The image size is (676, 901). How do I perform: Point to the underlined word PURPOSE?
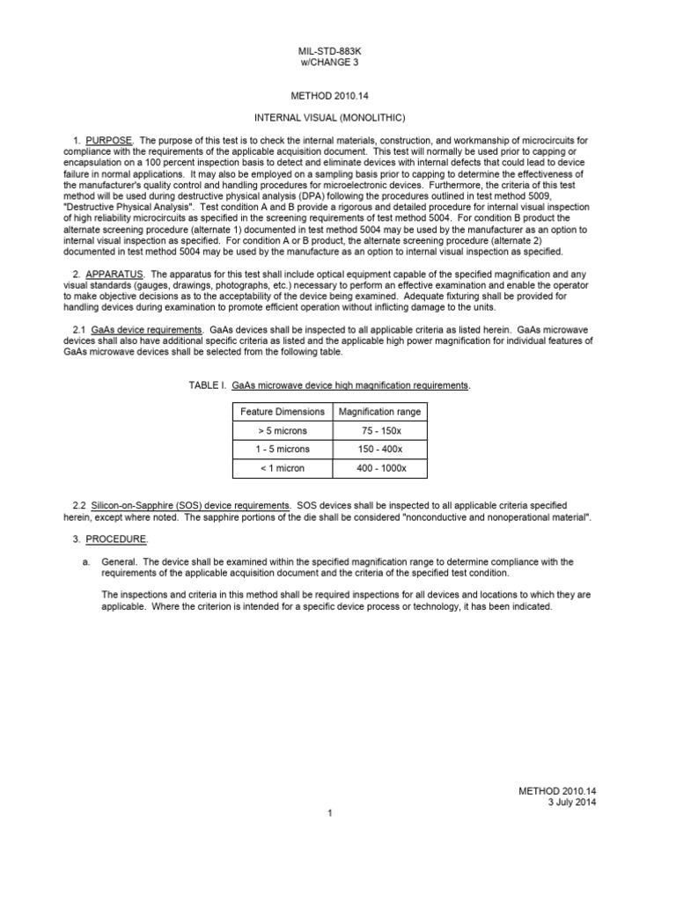tap(108, 141)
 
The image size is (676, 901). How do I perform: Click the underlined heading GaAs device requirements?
tap(147, 329)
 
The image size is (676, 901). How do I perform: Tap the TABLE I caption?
tap(329, 386)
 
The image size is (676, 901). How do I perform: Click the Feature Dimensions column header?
tap(282, 412)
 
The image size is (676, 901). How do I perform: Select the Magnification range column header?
tap(380, 412)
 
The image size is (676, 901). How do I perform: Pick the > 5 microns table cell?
tap(282, 431)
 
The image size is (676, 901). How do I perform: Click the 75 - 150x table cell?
tap(380, 431)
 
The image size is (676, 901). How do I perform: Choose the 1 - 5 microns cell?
tap(282, 450)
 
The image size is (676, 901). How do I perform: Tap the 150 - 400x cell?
tap(380, 450)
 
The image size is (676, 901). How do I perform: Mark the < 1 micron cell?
tap(282, 468)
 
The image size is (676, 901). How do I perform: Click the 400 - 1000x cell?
tap(380, 468)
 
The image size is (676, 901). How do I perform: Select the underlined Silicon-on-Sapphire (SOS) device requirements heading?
tap(190, 506)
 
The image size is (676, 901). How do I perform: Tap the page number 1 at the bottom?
tap(328, 814)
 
